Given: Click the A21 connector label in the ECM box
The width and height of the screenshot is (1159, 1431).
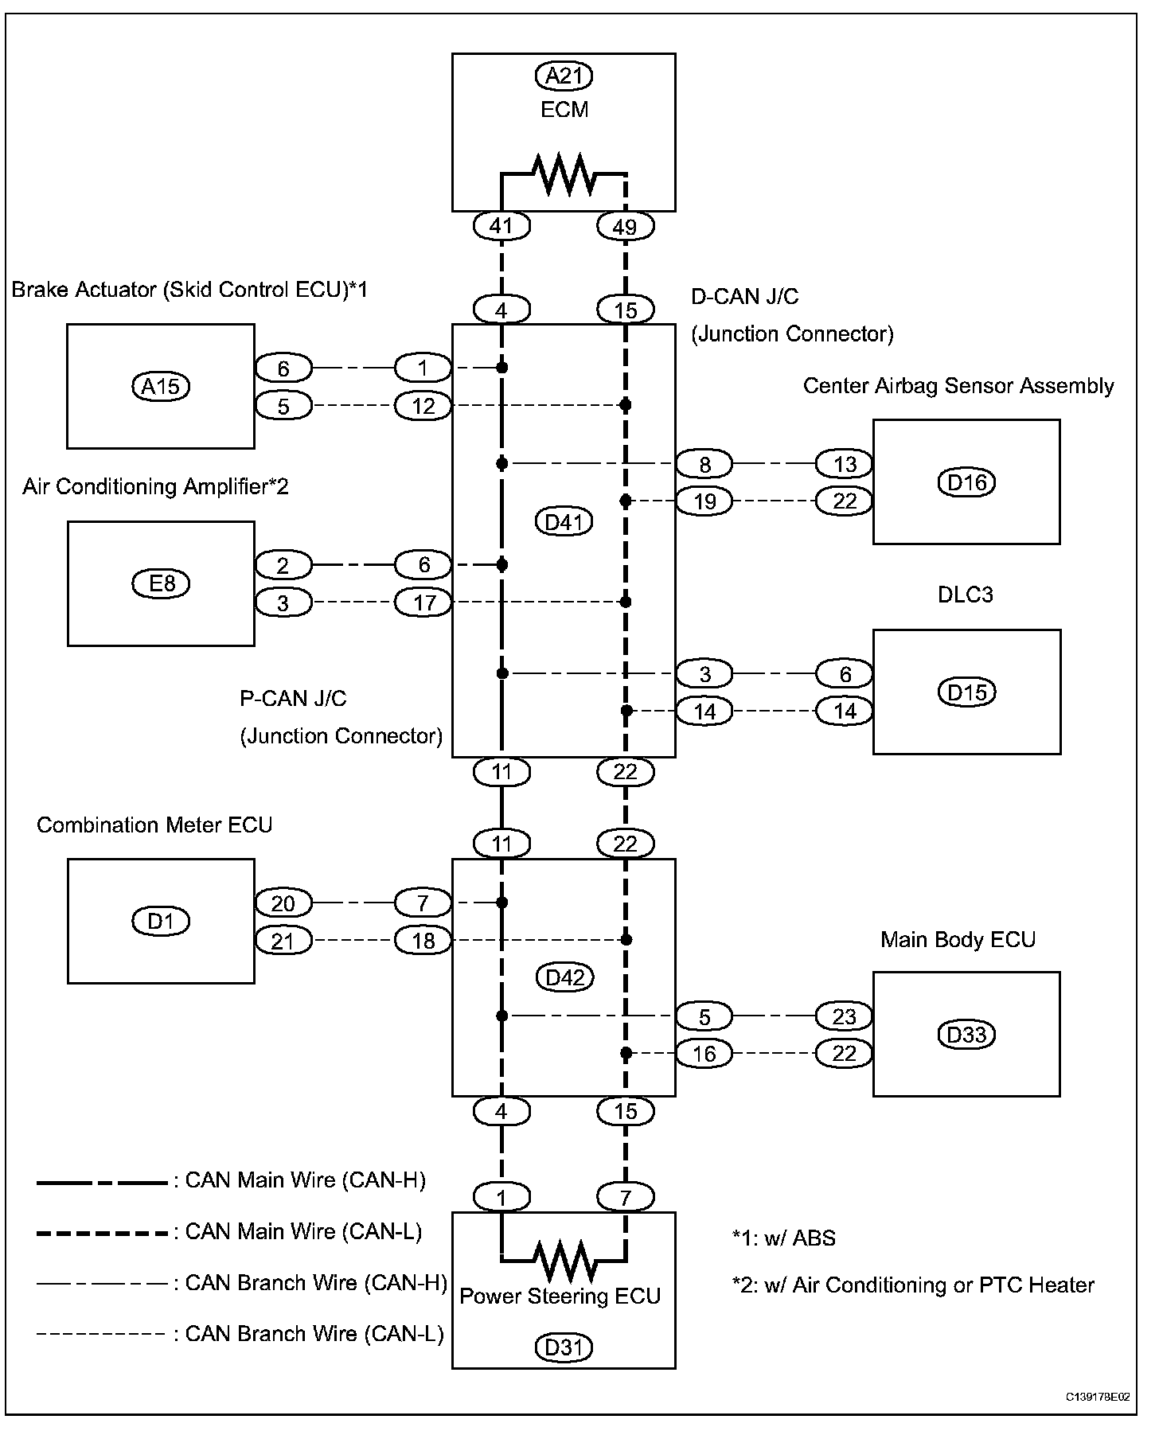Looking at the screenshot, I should (564, 76).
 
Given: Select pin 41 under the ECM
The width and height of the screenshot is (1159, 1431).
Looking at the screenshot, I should (501, 226).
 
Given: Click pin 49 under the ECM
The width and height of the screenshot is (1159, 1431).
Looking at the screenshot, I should (626, 226).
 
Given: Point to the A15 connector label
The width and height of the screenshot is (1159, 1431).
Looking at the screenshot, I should (161, 387).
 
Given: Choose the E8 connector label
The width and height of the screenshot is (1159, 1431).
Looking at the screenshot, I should (161, 583).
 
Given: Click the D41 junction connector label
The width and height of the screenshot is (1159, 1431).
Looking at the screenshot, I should (564, 522).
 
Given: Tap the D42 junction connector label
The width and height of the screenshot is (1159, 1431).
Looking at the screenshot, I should (564, 977).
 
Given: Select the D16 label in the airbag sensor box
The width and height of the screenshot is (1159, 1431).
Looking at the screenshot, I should (967, 482).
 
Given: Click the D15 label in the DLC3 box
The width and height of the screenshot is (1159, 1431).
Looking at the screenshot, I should (967, 692).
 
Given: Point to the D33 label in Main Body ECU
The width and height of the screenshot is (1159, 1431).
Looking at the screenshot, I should (967, 1035).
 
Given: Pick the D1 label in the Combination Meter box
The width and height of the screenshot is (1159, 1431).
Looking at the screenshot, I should (161, 921).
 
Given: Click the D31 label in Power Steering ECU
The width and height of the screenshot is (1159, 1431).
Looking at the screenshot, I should (564, 1347).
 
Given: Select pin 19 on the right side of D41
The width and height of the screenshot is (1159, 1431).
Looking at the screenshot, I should (704, 501).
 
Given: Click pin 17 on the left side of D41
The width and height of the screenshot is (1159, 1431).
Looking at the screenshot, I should (423, 602).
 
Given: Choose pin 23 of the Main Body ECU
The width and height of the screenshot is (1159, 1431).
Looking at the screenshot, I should (844, 1016).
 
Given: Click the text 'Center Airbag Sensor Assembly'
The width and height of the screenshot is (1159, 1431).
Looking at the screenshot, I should (958, 386).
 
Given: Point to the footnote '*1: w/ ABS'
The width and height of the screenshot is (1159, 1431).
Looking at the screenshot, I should (784, 1238).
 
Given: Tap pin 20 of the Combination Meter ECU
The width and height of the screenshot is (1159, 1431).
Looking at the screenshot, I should (283, 903).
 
